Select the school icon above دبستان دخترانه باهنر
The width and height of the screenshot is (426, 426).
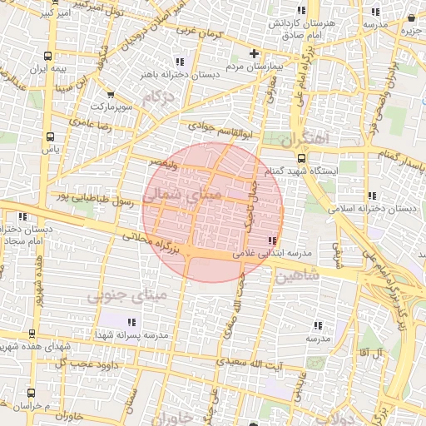coord(180,61)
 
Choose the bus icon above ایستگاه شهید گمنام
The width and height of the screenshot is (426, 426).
coord(300,158)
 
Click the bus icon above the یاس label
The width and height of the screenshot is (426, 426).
coord(51,136)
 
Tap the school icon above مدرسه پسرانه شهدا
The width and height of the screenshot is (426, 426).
coord(130,321)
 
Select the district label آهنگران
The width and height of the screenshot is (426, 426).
coord(305,137)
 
